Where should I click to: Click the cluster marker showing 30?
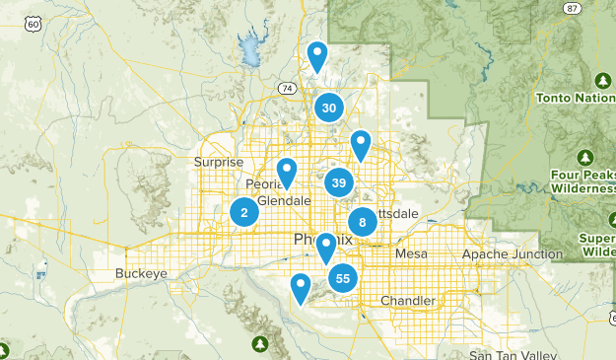click(x=329, y=108)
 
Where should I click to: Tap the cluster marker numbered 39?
click(x=339, y=182)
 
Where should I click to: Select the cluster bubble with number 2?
click(x=244, y=212)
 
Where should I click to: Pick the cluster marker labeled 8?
click(x=362, y=222)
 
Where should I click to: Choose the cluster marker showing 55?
click(x=342, y=278)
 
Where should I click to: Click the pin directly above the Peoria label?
click(x=287, y=172)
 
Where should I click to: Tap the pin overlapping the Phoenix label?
click(x=325, y=248)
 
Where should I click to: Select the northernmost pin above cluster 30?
click(x=317, y=55)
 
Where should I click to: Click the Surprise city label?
click(x=218, y=163)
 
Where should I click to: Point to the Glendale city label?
click(x=284, y=200)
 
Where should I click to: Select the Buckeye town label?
click(x=135, y=273)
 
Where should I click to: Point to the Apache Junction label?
click(x=512, y=254)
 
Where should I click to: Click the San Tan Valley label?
click(x=513, y=354)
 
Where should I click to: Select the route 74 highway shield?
click(x=286, y=88)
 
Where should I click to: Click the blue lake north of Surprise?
click(x=248, y=47)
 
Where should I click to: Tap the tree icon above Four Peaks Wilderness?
click(x=585, y=158)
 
